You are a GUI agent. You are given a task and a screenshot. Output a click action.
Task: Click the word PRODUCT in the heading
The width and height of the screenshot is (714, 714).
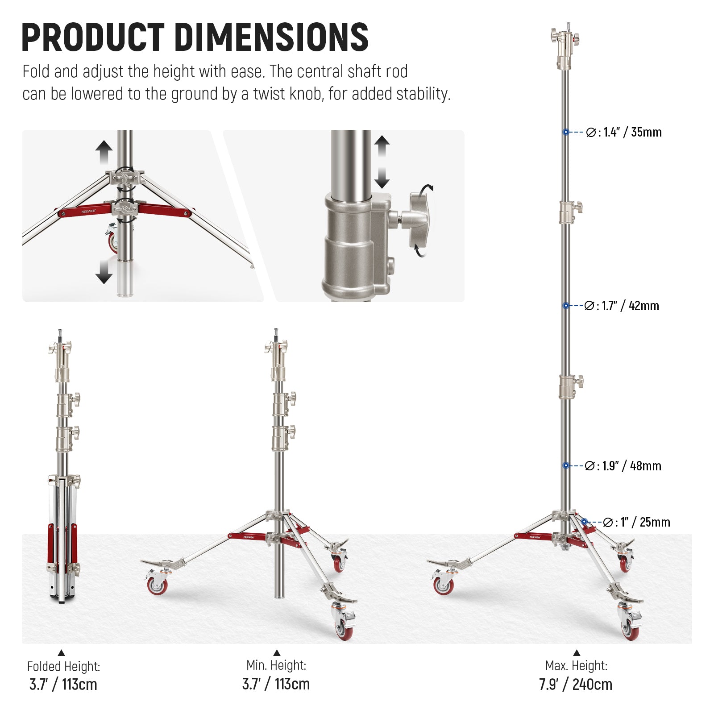[x=93, y=37]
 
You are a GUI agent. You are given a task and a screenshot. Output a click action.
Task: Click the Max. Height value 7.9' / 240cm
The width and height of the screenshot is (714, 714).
[x=575, y=684]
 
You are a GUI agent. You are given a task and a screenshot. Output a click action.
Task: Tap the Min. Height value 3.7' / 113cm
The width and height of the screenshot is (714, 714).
[x=276, y=684]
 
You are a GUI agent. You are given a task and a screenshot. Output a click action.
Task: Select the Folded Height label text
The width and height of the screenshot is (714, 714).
[x=63, y=666]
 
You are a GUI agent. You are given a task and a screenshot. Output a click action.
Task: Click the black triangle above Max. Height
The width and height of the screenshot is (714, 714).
[x=576, y=653]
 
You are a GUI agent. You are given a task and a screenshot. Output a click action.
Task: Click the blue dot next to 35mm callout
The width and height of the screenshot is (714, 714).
[x=566, y=132]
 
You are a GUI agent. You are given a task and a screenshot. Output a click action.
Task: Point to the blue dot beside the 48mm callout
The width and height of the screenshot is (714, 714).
[x=566, y=465]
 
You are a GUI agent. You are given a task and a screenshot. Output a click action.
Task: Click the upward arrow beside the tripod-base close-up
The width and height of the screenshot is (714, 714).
[x=104, y=152]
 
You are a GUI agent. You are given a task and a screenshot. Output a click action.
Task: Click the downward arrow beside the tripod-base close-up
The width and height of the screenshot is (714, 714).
[x=104, y=271]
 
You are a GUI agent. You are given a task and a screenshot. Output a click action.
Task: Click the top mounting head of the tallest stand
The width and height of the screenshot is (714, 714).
[x=565, y=45]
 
